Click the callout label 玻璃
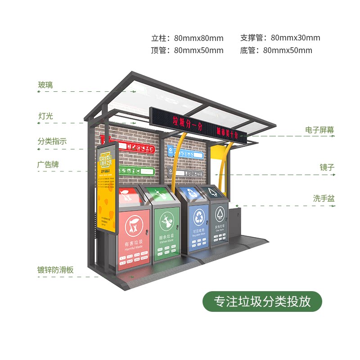tap(45, 85)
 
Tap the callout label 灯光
tap(45, 116)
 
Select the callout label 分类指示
tap(52, 141)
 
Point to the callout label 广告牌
tap(48, 165)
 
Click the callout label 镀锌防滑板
tap(55, 270)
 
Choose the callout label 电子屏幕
tap(319, 130)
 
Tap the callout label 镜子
tap(327, 167)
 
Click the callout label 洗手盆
tap(324, 198)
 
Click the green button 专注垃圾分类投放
tap(262, 301)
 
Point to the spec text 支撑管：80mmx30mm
tap(280, 38)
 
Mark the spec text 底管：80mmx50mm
tap(276, 50)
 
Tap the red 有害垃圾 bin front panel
tap(135, 236)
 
